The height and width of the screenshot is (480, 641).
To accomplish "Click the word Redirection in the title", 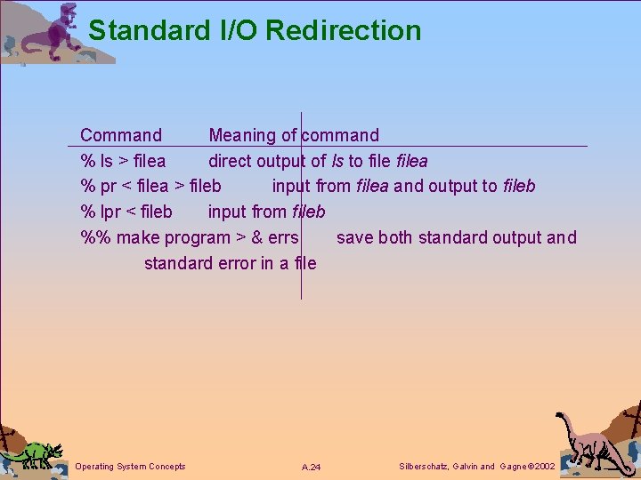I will (x=343, y=30).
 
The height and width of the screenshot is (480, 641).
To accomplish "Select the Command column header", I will (x=121, y=136).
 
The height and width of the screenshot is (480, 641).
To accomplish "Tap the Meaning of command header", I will (x=294, y=136).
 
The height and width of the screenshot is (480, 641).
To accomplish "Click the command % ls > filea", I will (x=123, y=162).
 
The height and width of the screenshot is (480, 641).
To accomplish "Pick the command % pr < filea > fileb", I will (x=150, y=187).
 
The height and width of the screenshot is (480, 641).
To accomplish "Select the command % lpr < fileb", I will (x=126, y=212).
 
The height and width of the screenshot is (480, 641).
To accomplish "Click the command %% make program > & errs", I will (x=190, y=238).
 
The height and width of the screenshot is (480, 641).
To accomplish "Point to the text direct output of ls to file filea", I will (x=318, y=162).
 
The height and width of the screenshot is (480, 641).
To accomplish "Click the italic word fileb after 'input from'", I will (x=308, y=212).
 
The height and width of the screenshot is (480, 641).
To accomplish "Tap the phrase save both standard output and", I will (x=456, y=238).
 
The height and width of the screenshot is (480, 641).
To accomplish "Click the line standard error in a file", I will (x=230, y=263).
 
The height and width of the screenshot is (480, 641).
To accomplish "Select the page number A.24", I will (x=312, y=468).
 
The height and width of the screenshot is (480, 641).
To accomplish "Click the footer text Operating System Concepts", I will (x=131, y=467).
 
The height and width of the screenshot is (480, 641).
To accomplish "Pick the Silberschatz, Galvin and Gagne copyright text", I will (x=477, y=467).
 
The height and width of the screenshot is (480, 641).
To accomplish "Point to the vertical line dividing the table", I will (x=301, y=204).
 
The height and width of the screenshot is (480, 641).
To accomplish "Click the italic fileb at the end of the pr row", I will (x=519, y=187).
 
